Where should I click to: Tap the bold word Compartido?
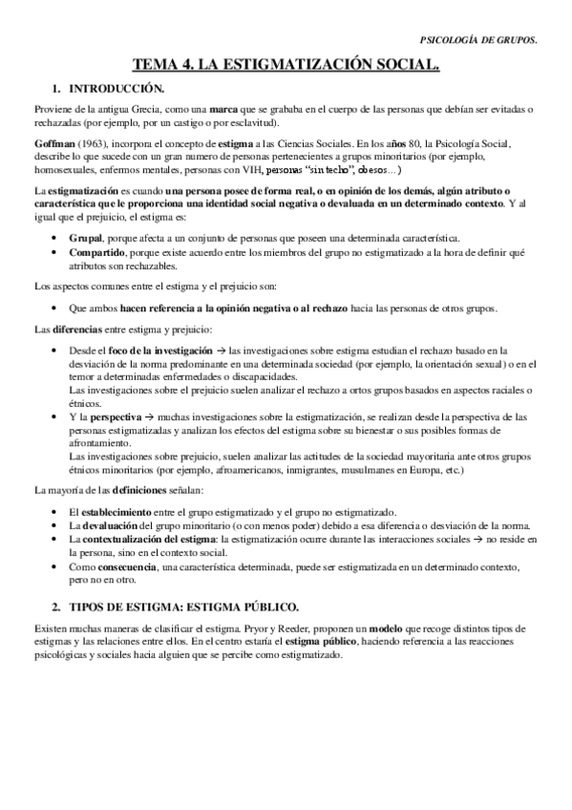[98, 253]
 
